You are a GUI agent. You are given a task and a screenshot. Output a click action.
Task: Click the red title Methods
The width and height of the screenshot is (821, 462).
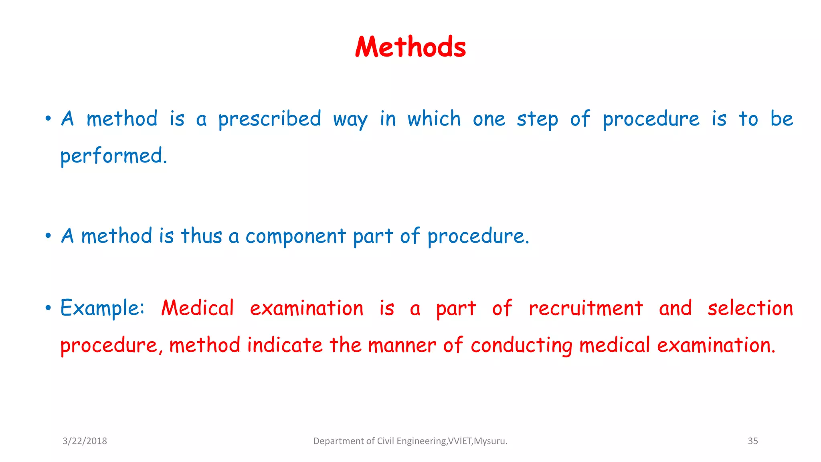pyautogui.click(x=410, y=47)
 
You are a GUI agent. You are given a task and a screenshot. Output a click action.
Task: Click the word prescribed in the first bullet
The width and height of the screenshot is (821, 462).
pyautogui.click(x=269, y=119)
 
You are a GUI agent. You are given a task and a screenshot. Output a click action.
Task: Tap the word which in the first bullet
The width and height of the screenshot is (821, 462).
pyautogui.click(x=434, y=119)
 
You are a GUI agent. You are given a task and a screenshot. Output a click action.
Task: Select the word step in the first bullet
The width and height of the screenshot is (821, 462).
pyautogui.click(x=537, y=120)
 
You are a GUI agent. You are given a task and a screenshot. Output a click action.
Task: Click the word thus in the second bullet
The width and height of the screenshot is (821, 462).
pyautogui.click(x=201, y=236)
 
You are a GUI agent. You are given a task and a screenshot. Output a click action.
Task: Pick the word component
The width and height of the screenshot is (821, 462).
pyautogui.click(x=295, y=236)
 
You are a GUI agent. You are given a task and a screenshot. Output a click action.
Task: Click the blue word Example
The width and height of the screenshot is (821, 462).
pyautogui.click(x=102, y=308)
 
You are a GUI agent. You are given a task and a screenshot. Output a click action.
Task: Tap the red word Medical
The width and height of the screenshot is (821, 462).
pyautogui.click(x=197, y=308)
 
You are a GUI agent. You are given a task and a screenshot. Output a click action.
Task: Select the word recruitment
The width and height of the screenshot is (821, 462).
pyautogui.click(x=586, y=308)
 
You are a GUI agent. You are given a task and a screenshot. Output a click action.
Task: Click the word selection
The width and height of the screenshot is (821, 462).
pyautogui.click(x=750, y=308)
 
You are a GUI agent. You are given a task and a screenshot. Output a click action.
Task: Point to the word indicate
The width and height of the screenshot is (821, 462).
pyautogui.click(x=285, y=345)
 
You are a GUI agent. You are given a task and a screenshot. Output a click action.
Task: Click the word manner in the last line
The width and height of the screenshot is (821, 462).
pyautogui.click(x=402, y=346)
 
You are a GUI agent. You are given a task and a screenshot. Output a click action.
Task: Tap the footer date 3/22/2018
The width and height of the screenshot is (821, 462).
pyautogui.click(x=85, y=441)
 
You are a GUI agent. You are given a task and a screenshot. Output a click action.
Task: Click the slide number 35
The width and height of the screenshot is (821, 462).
pyautogui.click(x=753, y=441)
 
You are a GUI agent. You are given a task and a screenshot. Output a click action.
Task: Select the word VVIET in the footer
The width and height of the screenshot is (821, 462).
pyautogui.click(x=460, y=441)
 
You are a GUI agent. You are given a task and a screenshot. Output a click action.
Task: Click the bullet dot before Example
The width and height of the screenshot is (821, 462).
pyautogui.click(x=48, y=308)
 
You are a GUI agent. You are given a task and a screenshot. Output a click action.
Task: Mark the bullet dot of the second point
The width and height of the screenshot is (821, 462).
pyautogui.click(x=48, y=236)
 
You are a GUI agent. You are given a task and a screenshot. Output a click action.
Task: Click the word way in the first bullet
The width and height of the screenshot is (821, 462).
pyautogui.click(x=350, y=120)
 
